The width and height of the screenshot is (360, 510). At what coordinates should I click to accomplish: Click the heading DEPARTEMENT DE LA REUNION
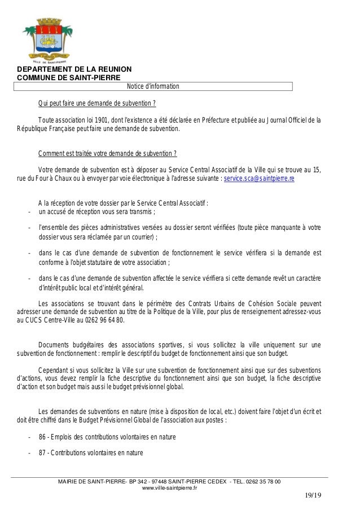74,69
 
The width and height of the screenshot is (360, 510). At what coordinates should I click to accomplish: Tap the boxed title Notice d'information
153,86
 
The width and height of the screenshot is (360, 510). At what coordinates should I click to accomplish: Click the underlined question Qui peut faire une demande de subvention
96,104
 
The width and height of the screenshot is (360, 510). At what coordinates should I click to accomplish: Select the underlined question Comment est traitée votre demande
107,154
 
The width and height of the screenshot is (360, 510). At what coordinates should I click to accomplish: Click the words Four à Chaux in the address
46,178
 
